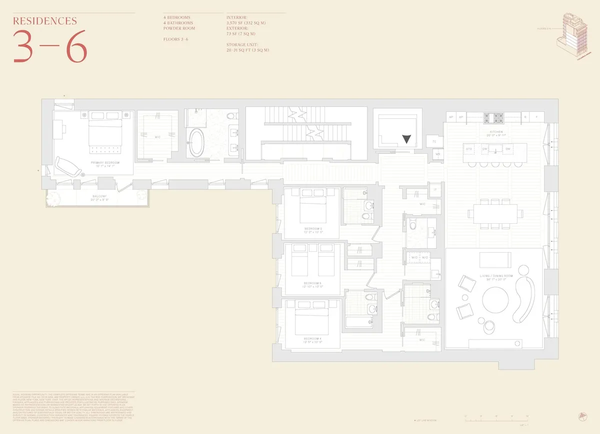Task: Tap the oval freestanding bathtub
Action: click(x=196, y=143)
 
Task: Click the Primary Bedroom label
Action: click(x=104, y=163)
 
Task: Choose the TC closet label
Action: click(x=434, y=142)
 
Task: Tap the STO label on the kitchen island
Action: click(x=469, y=149)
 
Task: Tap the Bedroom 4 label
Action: click(x=312, y=339)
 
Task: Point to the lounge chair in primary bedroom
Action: click(x=69, y=167)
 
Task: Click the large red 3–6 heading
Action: click(x=50, y=46)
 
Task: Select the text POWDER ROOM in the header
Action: click(x=179, y=28)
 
